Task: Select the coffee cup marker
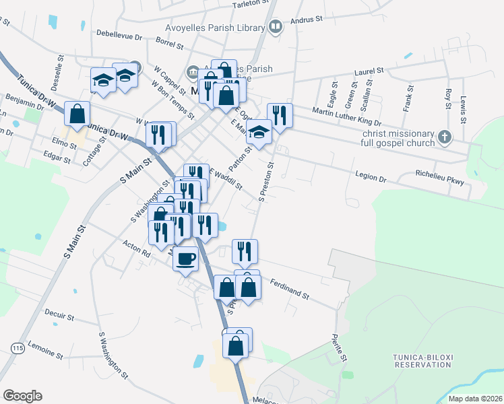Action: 185,258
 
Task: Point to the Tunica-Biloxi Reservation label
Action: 422,360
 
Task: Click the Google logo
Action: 22,396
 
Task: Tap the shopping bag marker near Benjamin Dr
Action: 77,113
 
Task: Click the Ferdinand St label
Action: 289,290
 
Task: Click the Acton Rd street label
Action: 137,249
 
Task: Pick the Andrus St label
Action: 306,20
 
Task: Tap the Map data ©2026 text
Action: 475,399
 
